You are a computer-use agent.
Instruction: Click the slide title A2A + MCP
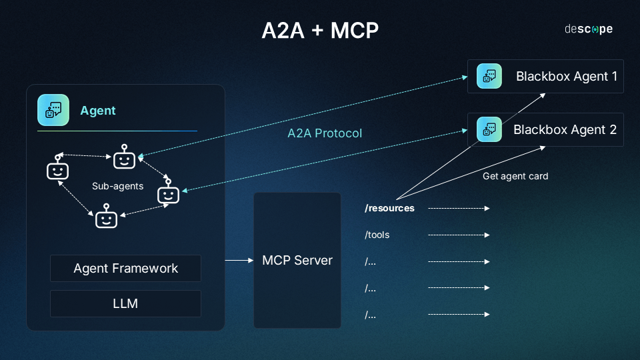(320, 31)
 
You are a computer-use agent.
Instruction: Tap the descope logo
(588, 29)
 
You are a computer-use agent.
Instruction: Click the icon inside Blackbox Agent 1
(489, 76)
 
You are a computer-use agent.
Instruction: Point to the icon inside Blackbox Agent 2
(489, 129)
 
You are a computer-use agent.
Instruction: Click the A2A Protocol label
(325, 133)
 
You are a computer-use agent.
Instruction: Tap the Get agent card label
(515, 176)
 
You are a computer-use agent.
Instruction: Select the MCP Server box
(297, 260)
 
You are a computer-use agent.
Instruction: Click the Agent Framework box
(125, 268)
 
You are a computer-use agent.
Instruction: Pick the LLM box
(125, 303)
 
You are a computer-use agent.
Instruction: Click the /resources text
(389, 208)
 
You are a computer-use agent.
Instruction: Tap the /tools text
(377, 235)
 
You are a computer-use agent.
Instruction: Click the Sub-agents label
(117, 186)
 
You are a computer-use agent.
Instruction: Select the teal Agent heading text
(98, 111)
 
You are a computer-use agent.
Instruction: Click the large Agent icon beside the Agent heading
(53, 110)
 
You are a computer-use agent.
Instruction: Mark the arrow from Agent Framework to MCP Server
(238, 260)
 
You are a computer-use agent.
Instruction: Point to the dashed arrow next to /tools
(459, 235)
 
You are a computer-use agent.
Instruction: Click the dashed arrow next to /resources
(459, 208)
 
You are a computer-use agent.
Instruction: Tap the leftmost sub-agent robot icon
(58, 169)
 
